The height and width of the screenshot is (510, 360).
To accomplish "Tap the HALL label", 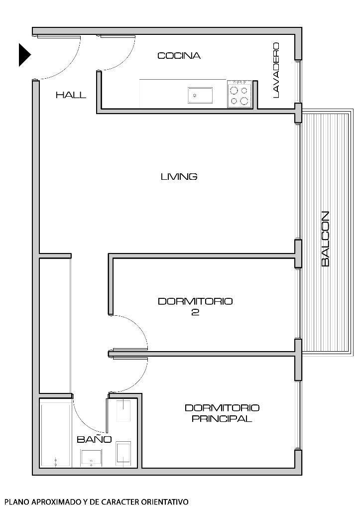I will click(71, 95).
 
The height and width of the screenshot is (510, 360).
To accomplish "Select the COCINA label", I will click(179, 56).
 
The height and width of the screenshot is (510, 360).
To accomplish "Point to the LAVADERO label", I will click(275, 70).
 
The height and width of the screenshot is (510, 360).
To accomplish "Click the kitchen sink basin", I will click(200, 95).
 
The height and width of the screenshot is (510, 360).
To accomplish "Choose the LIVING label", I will click(179, 176).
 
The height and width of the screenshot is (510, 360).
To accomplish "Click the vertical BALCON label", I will click(325, 239).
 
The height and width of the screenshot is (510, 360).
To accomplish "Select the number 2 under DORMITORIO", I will click(195, 313).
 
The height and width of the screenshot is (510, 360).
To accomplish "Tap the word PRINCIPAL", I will click(222, 419).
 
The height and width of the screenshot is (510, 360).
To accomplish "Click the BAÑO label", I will click(94, 439).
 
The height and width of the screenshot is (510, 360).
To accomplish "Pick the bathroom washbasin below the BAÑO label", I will click(92, 458).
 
